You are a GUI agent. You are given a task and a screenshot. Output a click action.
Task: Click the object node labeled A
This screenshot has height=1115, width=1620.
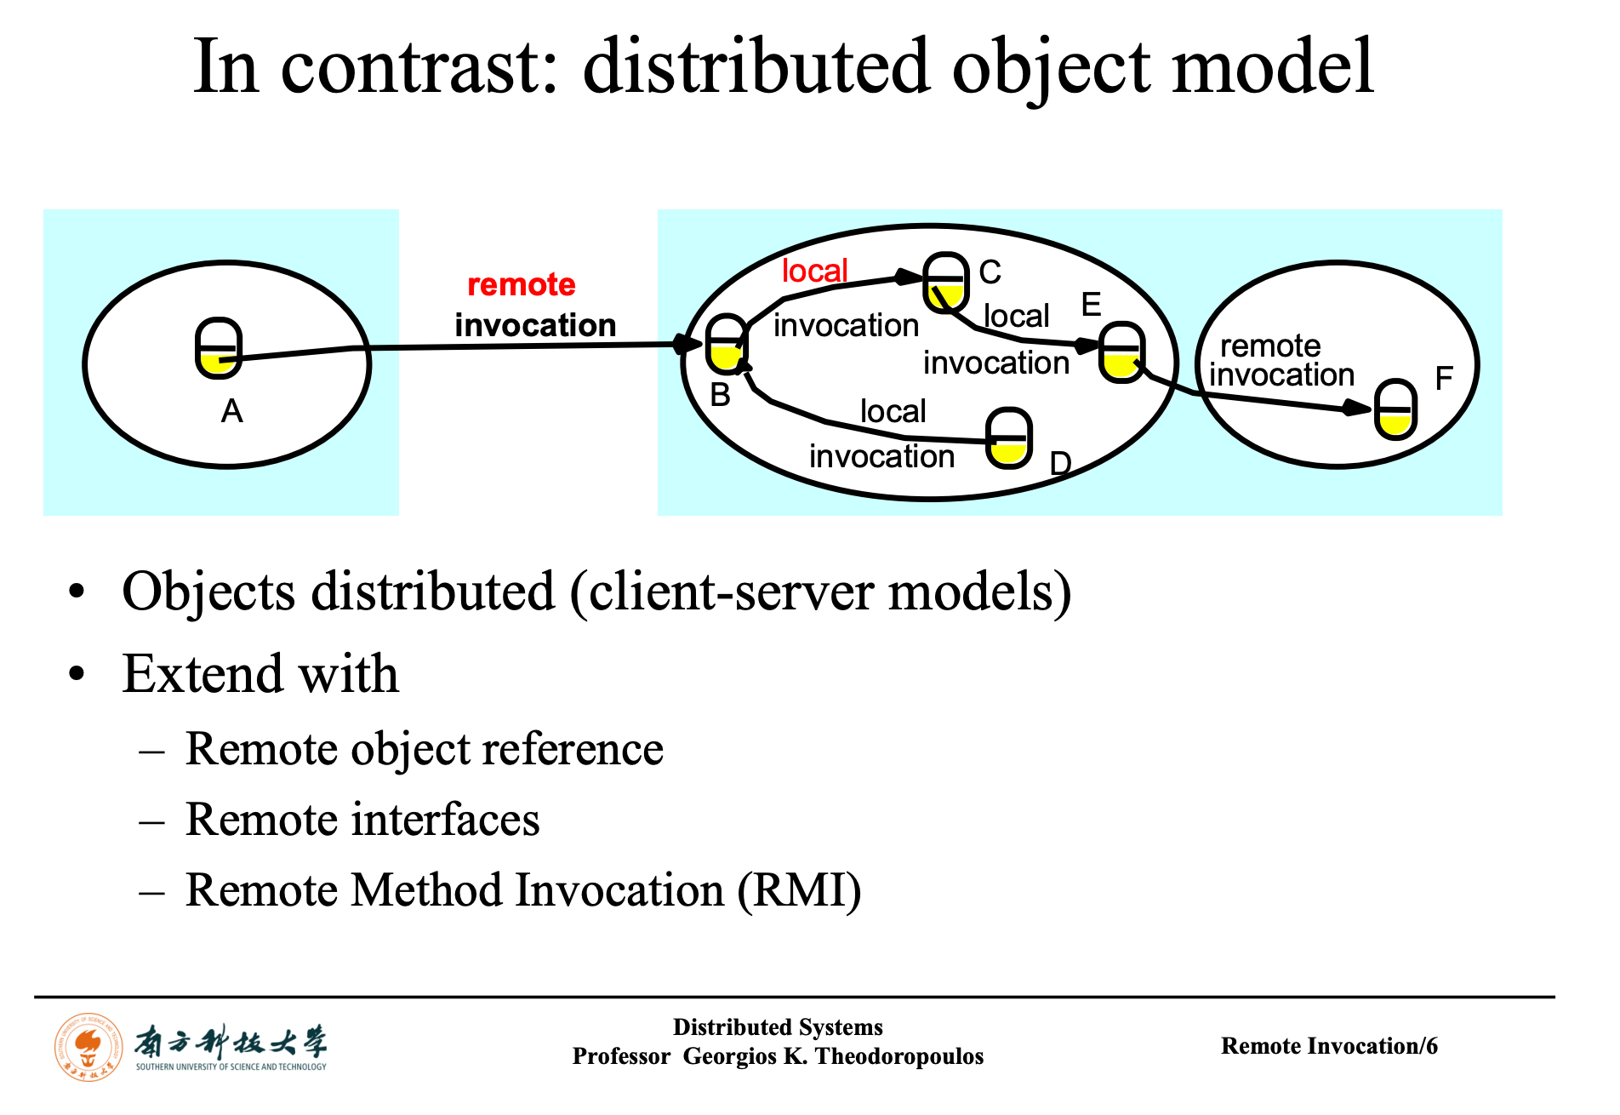(219, 348)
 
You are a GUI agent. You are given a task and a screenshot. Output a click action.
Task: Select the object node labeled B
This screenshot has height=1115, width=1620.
(726, 344)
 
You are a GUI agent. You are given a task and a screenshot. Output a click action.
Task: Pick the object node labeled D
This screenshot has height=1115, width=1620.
(1009, 438)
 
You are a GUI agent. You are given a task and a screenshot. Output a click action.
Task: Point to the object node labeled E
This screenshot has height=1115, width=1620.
(1121, 352)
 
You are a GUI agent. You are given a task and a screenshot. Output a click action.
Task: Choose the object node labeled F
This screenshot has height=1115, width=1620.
(1396, 409)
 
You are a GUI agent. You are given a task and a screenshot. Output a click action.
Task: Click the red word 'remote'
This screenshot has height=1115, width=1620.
(522, 284)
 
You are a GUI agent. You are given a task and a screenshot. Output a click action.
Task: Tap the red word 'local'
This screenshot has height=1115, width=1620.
(814, 271)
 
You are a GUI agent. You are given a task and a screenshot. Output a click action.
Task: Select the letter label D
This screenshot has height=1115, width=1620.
(1060, 464)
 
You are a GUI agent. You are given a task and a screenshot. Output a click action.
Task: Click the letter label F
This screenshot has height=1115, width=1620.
(1443, 378)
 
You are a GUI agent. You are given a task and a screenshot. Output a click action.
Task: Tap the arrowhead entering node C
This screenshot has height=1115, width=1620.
(909, 277)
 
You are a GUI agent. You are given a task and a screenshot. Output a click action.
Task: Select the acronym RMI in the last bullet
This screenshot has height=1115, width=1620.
(799, 890)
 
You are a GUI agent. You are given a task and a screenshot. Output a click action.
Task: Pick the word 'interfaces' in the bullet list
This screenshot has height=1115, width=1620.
(446, 820)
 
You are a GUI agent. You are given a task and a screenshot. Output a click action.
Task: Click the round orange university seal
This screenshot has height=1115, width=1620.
(88, 1047)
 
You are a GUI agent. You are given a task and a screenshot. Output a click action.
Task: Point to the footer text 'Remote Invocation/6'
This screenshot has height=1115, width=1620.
(1328, 1046)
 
